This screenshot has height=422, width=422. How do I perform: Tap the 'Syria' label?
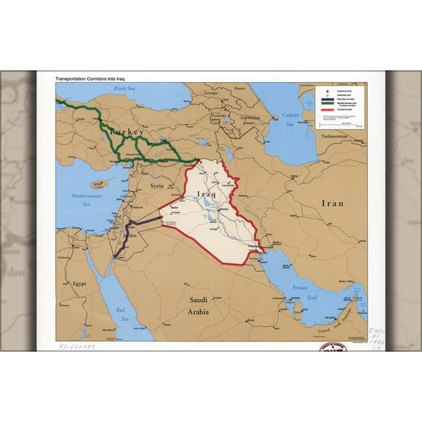158,186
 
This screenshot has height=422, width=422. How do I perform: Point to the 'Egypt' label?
80,283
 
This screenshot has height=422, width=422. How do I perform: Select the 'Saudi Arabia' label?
199,306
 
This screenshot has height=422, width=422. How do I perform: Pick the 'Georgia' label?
211,93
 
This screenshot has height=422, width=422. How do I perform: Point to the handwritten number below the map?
76,347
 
